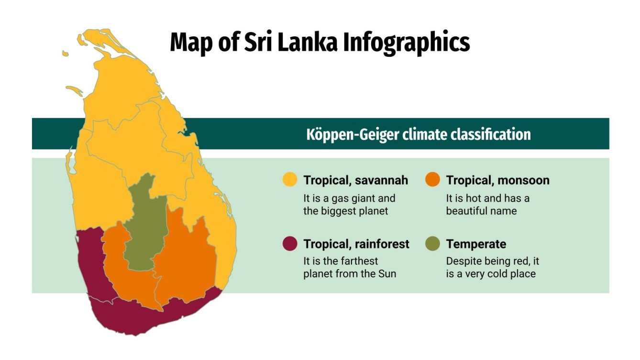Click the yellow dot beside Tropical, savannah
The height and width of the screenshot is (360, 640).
pos(290,180)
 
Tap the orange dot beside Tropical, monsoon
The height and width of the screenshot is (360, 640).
pos(432,180)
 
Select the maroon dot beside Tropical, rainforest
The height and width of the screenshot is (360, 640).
pos(290,244)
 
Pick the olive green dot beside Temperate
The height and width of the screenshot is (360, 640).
pos(432,244)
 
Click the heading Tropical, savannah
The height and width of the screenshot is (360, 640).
pos(355,180)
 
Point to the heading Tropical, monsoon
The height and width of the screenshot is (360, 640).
pos(497,180)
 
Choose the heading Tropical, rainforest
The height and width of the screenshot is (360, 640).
pos(356,244)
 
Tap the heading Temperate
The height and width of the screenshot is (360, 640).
pos(476,244)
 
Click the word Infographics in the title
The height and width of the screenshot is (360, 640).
pos(407,43)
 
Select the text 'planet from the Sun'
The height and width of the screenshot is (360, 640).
pos(350,274)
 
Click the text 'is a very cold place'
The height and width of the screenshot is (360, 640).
pos(491,274)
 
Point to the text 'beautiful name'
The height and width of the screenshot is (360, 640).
pos(481,211)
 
